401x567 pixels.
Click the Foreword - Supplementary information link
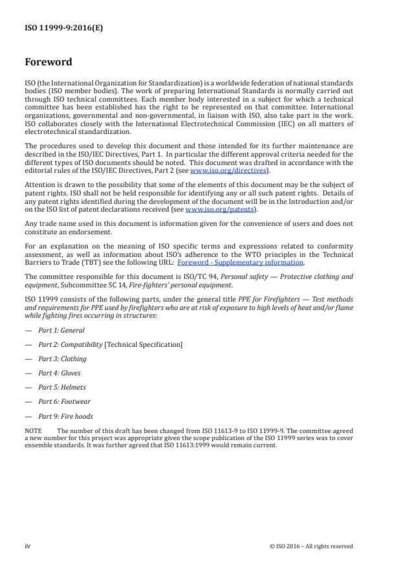tap(249, 262)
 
